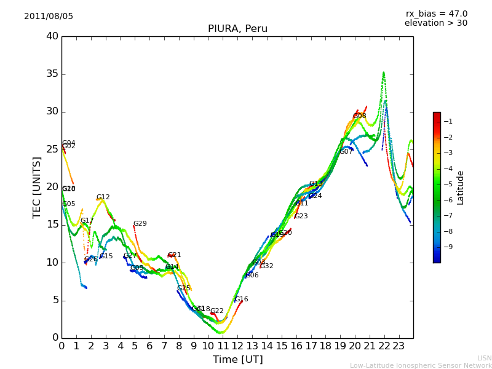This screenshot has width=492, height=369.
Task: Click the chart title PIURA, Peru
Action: click(237, 29)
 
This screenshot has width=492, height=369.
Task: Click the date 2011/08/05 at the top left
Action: click(49, 17)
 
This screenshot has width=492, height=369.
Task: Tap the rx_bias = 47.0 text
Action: click(436, 14)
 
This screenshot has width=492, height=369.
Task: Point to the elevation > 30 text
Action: click(436, 23)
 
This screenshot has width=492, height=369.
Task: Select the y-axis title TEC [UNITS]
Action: click(37, 188)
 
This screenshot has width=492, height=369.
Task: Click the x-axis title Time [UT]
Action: click(237, 360)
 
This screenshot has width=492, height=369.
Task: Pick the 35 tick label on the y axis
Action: click(52, 74)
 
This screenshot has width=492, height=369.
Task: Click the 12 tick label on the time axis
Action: click(237, 346)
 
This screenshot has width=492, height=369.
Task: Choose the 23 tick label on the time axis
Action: click(399, 346)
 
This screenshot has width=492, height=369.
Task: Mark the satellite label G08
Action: click(359, 116)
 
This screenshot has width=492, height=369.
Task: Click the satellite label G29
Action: click(140, 224)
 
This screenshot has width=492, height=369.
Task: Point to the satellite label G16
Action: click(241, 300)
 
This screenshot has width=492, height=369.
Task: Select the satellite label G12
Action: click(103, 197)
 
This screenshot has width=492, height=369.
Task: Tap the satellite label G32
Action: click(266, 266)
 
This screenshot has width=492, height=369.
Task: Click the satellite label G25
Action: click(183, 288)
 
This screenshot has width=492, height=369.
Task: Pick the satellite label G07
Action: click(346, 152)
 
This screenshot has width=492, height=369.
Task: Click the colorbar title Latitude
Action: click(460, 188)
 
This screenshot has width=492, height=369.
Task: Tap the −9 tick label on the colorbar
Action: click(448, 247)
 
